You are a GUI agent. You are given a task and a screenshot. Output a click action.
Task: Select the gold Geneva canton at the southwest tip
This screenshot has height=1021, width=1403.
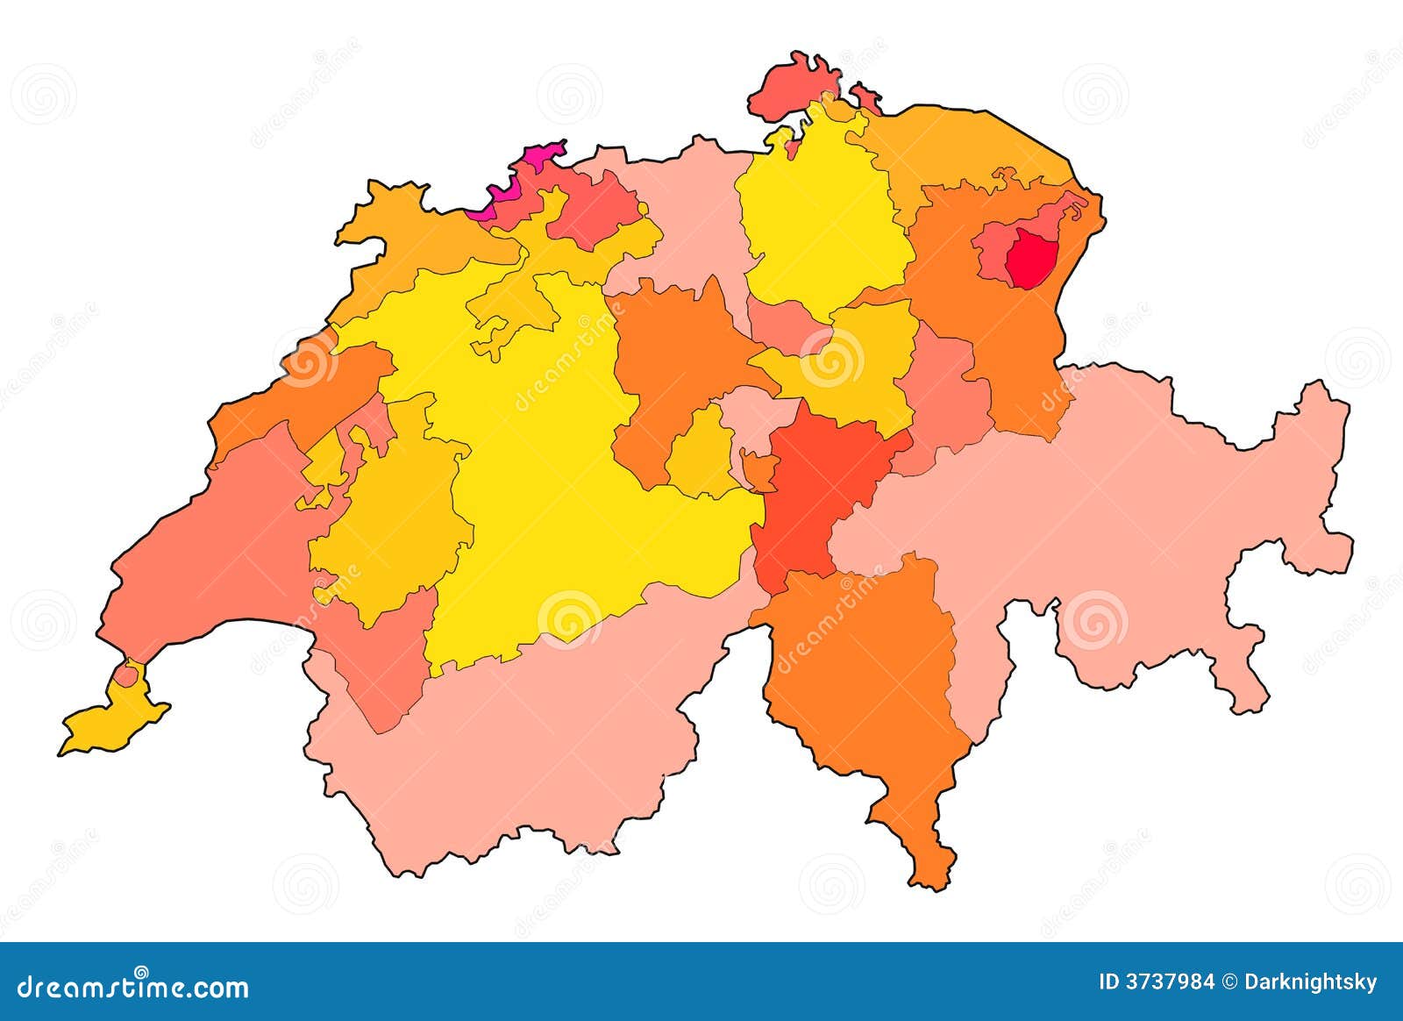[109, 724]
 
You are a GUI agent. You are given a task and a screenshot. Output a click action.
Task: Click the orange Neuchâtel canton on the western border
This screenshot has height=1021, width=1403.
[298, 395]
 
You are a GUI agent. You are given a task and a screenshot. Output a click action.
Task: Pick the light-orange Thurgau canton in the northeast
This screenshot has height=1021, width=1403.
[965, 145]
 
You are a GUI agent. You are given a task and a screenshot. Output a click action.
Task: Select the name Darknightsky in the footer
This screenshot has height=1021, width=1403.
[1310, 982]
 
